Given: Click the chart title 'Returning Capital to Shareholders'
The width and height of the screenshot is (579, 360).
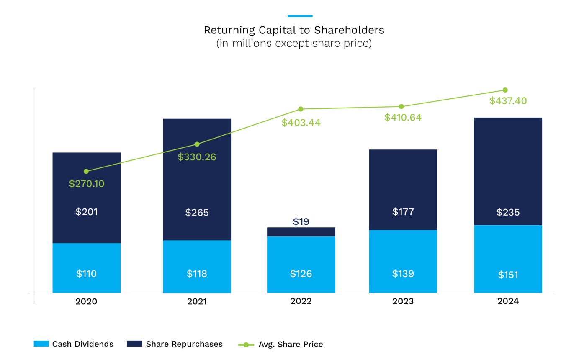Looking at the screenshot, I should click(x=293, y=30).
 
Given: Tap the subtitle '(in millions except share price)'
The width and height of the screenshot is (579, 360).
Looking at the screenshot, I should click(x=293, y=44).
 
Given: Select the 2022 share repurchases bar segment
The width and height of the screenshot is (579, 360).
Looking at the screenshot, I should click(x=301, y=232).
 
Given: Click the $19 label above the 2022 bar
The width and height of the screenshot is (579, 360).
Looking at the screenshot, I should click(x=301, y=221).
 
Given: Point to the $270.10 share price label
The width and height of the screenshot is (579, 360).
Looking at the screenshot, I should click(x=87, y=184).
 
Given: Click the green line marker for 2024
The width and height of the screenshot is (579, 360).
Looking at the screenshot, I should click(x=505, y=90).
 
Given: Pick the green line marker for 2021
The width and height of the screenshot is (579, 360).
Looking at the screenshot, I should click(x=197, y=144).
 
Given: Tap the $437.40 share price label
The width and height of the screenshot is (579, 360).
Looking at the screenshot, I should click(x=508, y=101).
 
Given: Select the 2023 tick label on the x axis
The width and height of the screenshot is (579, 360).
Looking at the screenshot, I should click(x=403, y=301).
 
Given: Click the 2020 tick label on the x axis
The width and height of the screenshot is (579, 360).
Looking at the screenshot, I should click(x=86, y=301).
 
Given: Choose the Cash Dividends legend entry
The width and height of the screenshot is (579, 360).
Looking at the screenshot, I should click(x=74, y=344).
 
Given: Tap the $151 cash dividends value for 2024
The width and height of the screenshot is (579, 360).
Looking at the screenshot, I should click(x=508, y=275).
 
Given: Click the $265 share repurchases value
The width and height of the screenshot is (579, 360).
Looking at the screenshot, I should click(x=197, y=213).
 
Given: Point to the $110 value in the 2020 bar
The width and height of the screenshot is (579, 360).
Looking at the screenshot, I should click(x=86, y=274).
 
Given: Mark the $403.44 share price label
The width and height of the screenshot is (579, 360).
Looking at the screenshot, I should click(x=301, y=123).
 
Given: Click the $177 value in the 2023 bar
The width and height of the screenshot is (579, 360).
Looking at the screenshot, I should click(x=403, y=212).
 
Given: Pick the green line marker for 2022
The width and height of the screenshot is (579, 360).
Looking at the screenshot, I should click(x=301, y=109).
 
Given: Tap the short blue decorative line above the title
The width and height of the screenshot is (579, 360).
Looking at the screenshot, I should click(x=300, y=16).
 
